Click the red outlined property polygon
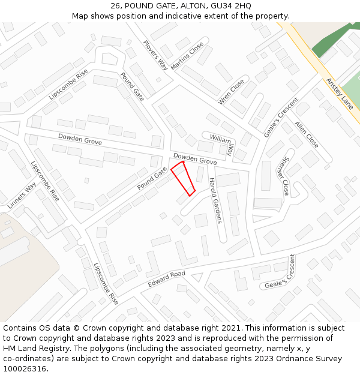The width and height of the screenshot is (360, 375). (x=183, y=178)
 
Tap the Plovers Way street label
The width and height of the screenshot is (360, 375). (x=155, y=55)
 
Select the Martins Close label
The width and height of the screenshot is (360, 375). (x=187, y=56)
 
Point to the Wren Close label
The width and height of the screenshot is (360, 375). (x=232, y=92)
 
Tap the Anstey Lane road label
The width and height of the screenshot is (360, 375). (x=340, y=93)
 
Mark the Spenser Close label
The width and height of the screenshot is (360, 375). (x=283, y=179)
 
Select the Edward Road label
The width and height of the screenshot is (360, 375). (x=167, y=279)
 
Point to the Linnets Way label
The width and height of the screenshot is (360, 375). (x=22, y=195)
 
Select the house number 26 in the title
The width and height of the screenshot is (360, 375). (x=116, y=6)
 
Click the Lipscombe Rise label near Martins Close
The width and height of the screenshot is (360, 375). (x=68, y=84)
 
